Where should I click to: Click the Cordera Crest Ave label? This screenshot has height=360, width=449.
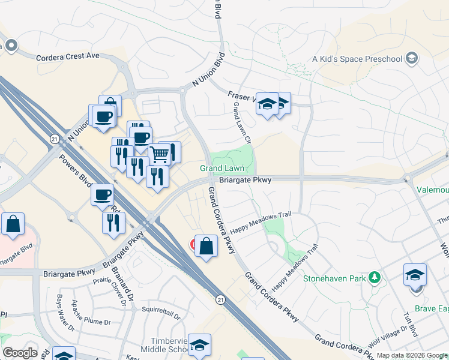[x=67, y=56]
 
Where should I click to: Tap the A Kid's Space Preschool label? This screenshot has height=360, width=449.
[x=357, y=59]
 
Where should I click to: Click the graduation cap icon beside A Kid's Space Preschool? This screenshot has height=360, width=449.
[x=412, y=58]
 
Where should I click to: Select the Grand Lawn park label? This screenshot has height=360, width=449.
[x=222, y=169]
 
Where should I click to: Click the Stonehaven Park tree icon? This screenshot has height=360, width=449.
[x=375, y=277]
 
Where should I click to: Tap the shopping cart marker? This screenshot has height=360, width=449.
[x=159, y=154]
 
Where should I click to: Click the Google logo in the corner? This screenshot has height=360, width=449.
[x=19, y=353]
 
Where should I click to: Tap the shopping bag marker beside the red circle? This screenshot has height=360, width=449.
[x=206, y=247]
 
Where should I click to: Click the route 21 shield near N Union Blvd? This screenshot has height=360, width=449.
[x=53, y=139]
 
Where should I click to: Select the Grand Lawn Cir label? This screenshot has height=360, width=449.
[x=242, y=124]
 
